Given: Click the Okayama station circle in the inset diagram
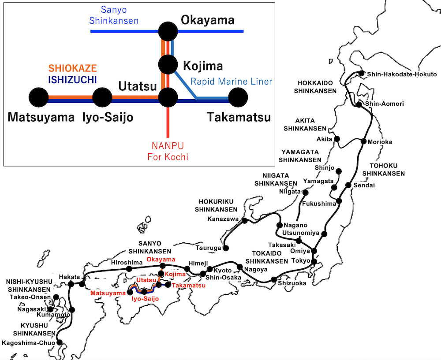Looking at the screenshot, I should (x=168, y=31).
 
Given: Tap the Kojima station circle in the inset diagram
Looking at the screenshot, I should (x=168, y=65).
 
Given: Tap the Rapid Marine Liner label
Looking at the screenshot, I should (x=232, y=82).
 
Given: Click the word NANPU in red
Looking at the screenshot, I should (x=167, y=145).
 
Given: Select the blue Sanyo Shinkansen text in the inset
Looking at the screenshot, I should (x=114, y=15).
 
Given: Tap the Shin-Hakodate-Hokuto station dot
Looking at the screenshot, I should (x=362, y=74).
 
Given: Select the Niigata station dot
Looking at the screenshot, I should (x=305, y=193).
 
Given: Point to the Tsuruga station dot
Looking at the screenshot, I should (x=226, y=248).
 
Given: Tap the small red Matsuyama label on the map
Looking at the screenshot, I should (x=108, y=293).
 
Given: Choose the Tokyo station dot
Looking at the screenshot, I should (x=314, y=261).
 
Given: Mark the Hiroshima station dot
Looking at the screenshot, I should (x=129, y=269).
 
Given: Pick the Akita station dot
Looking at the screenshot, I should (x=337, y=139).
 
